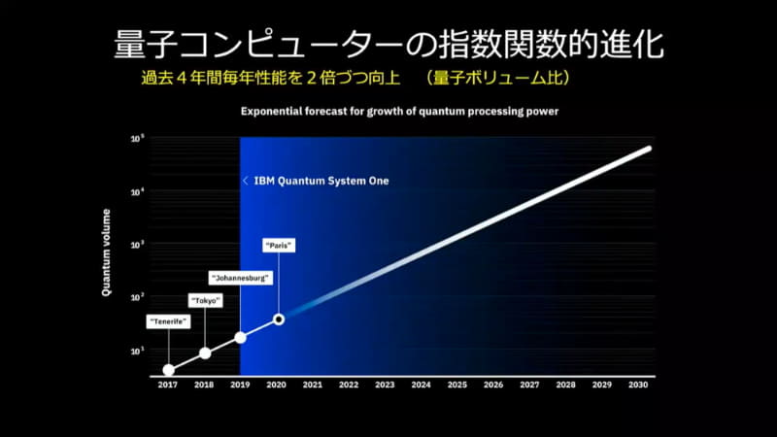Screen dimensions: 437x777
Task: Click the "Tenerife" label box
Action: (168, 320)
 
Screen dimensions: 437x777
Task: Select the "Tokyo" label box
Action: (205, 301)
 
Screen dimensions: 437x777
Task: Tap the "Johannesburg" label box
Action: (240, 279)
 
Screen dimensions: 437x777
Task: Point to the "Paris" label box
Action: (279, 246)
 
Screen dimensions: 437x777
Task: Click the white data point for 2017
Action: (168, 370)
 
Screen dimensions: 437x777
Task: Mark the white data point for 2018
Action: (205, 353)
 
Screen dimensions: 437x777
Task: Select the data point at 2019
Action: (241, 337)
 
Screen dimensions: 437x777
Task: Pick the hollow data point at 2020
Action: (279, 319)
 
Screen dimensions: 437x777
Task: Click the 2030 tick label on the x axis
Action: (637, 385)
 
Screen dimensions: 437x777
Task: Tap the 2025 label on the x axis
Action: (457, 385)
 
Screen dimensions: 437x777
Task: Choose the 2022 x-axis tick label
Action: (349, 385)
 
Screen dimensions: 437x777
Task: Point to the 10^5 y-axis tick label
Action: (137, 140)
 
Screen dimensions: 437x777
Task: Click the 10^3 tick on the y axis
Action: (137, 245)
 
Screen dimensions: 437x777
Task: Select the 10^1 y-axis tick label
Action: (137, 350)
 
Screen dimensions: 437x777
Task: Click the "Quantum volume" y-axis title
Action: (108, 257)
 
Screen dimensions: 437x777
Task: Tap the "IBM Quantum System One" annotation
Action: (316, 181)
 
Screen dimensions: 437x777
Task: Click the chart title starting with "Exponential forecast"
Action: (399, 112)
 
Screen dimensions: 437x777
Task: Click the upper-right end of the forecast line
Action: (648, 150)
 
